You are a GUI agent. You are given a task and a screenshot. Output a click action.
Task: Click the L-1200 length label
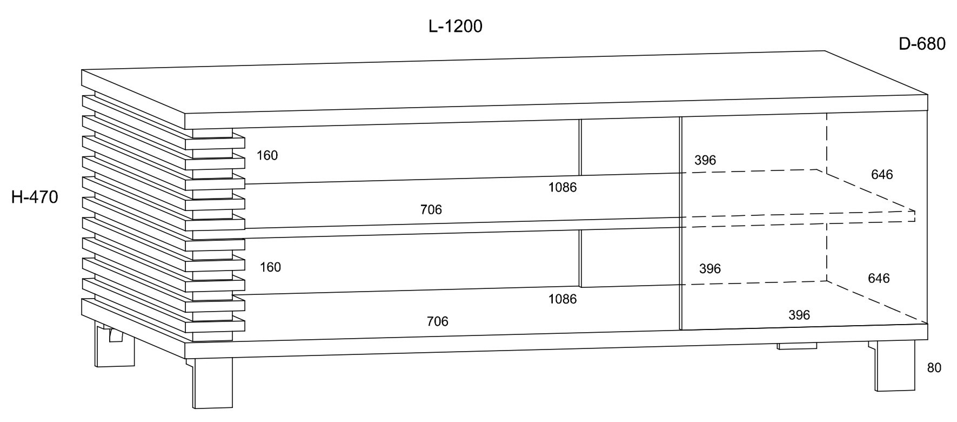(x=455, y=26)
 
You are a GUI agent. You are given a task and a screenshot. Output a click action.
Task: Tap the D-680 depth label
(x=922, y=44)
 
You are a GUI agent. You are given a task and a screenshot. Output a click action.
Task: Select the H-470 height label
(x=35, y=197)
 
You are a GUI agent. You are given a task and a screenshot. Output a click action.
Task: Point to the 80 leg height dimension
(x=934, y=368)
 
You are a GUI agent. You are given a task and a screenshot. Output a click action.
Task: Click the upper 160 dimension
(x=267, y=155)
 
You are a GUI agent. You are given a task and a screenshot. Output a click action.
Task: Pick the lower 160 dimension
(x=270, y=267)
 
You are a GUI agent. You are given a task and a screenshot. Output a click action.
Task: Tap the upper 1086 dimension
(x=563, y=187)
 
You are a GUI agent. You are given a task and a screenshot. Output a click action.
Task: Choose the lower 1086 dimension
(x=563, y=299)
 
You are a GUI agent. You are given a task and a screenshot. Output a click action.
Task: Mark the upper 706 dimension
(x=431, y=209)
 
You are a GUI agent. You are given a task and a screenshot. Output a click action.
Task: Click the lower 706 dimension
(x=437, y=321)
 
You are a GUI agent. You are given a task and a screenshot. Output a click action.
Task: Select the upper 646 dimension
(x=882, y=174)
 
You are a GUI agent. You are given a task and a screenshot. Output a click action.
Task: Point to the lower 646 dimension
(x=879, y=278)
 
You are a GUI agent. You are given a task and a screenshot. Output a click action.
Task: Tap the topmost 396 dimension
(x=705, y=160)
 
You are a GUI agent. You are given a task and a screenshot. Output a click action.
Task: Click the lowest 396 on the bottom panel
(x=799, y=315)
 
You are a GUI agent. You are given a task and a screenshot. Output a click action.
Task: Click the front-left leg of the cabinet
(x=213, y=382)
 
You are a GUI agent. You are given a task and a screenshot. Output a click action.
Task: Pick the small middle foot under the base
(x=797, y=346)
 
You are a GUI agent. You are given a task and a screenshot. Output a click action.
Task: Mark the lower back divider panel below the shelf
(x=629, y=259)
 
